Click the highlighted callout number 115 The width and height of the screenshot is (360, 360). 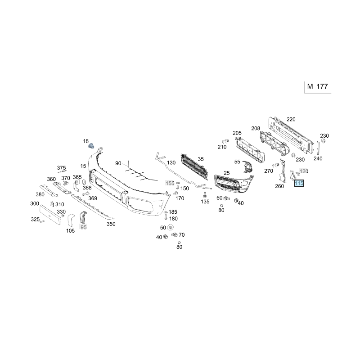point(299,183)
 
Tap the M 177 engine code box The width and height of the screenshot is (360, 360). point(318,87)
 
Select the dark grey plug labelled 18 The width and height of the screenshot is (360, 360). point(92,145)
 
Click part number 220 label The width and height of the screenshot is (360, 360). point(291,119)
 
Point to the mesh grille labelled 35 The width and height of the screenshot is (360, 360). point(195,166)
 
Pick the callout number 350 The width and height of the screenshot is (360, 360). point(111,224)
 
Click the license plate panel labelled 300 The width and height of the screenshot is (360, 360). point(50,215)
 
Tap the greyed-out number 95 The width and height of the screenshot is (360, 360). point(84,227)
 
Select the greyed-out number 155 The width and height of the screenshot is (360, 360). point(170,183)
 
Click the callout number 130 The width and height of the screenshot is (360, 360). point(171,163)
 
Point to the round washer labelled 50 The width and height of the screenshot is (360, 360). point(171,228)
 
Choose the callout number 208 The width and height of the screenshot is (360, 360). point(256,128)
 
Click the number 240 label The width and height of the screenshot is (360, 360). point(318,158)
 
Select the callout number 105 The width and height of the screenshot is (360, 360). point(70,231)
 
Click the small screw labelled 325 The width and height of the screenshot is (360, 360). point(42,221)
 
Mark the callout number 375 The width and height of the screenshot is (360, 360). point(61,168)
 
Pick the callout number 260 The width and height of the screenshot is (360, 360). point(279,186)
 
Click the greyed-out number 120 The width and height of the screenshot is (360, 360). point(304,171)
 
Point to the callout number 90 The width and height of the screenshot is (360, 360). point(118,163)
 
